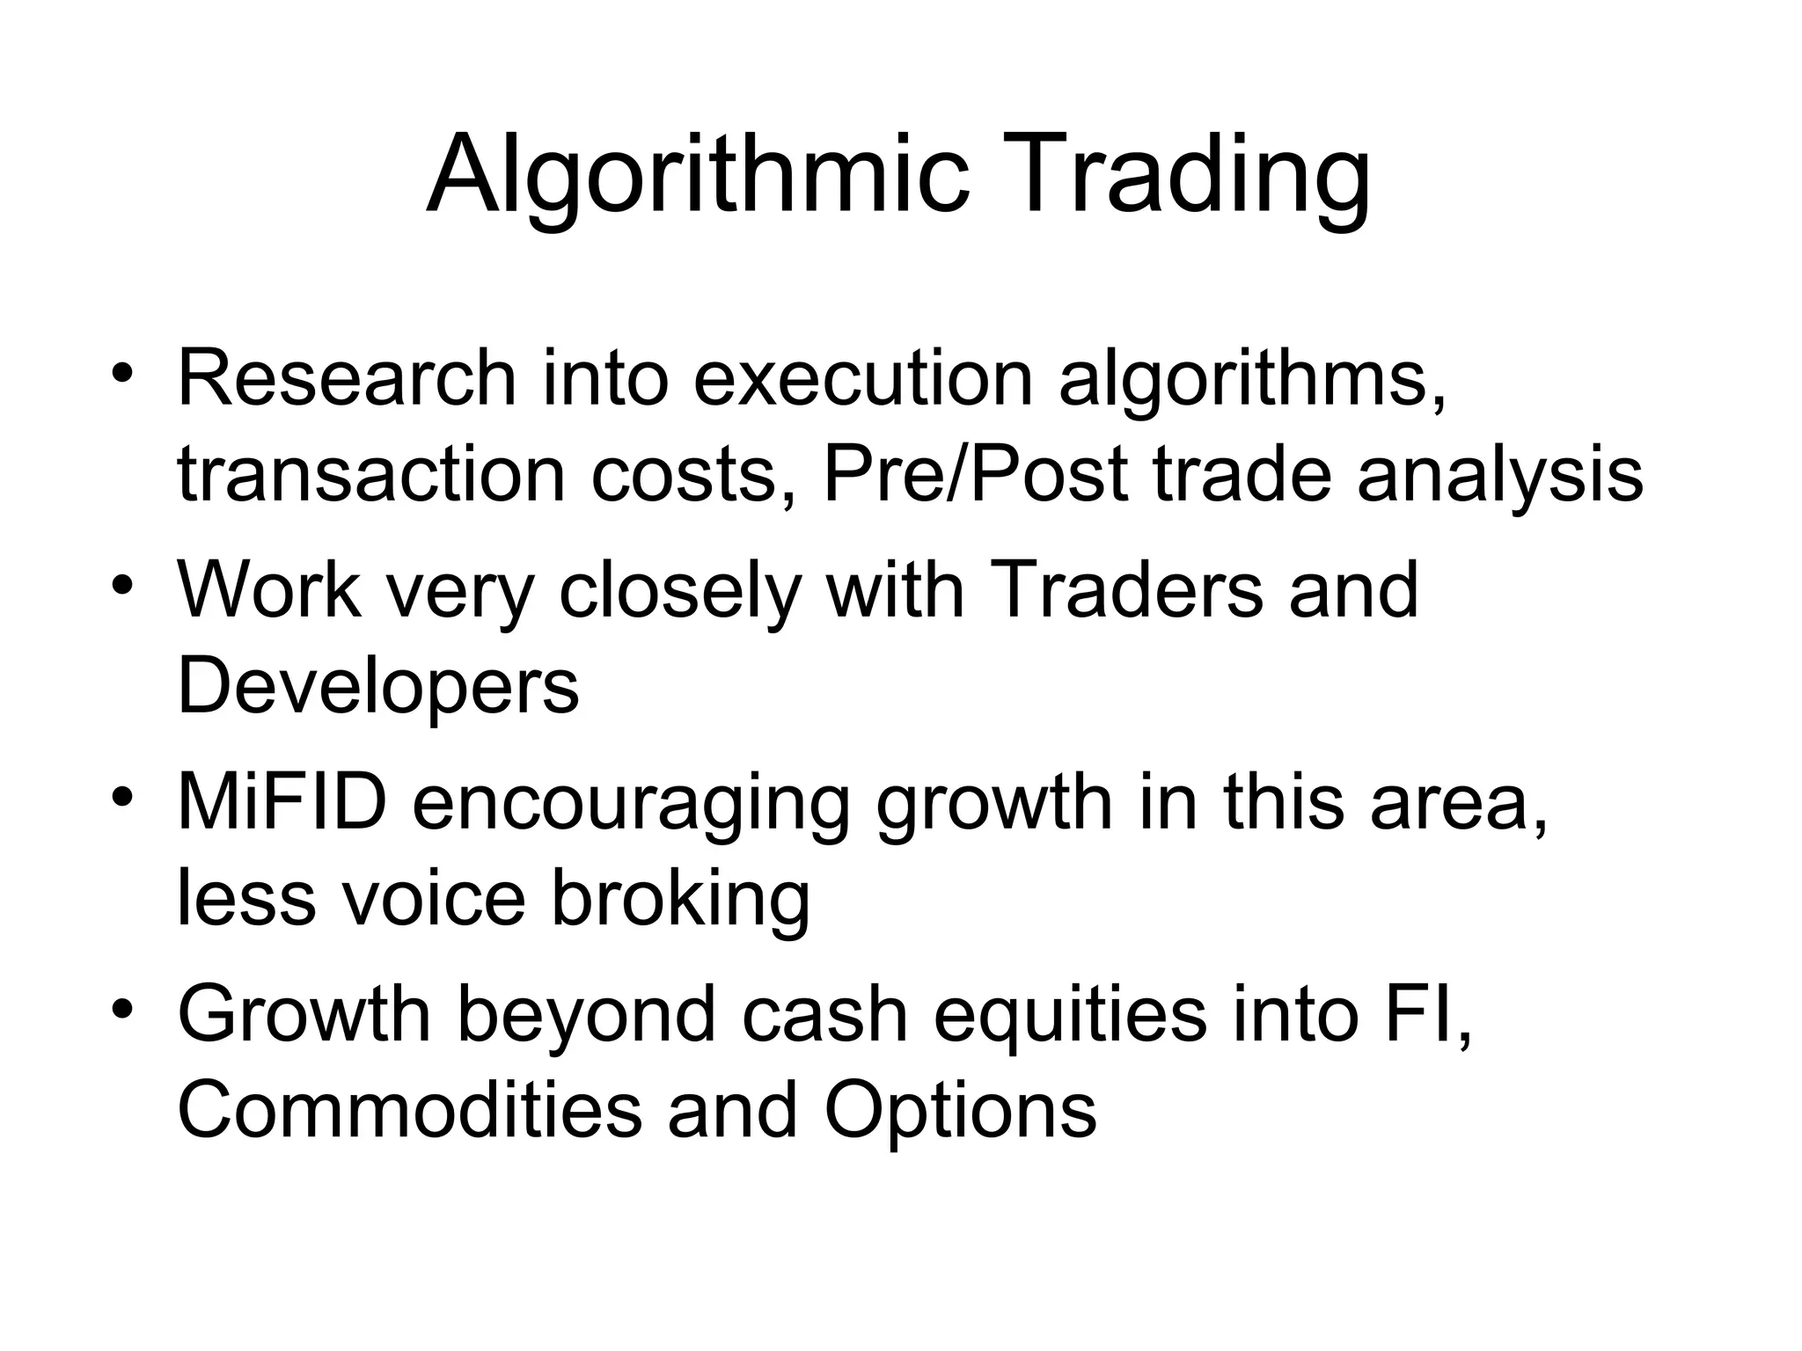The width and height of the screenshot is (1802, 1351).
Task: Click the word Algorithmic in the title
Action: coord(697,176)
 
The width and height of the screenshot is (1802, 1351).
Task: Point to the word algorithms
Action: coord(1251,380)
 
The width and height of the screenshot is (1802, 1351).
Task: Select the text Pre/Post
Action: coord(975,475)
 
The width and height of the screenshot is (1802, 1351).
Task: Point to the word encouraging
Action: coord(631,804)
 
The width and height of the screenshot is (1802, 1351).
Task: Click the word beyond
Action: coord(586,1015)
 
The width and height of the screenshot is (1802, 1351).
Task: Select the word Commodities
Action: coord(409,1110)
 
